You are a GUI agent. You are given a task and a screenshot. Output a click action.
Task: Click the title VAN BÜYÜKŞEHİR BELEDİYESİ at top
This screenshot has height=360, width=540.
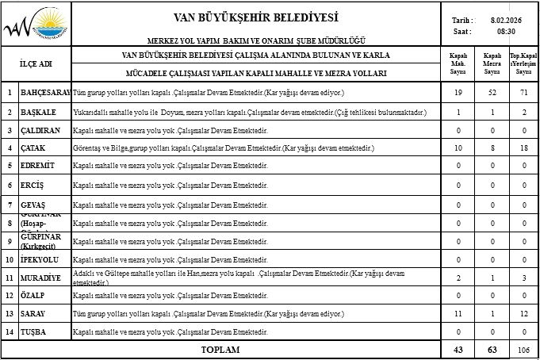click(255, 17)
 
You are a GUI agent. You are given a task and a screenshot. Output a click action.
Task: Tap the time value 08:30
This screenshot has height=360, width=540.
click(505, 32)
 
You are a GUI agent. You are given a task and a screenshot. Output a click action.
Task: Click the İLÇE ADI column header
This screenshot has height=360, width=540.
click(36, 63)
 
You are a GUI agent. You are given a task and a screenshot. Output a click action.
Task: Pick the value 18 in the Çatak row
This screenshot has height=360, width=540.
click(523, 148)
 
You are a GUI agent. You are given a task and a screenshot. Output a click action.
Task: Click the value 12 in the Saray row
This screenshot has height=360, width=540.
click(523, 314)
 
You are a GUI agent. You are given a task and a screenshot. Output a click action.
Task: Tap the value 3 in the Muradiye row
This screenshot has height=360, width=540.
click(523, 278)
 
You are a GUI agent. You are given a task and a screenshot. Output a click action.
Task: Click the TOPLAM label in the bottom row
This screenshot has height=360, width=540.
click(220, 349)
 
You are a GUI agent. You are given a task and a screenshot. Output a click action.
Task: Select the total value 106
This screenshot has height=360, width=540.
click(523, 349)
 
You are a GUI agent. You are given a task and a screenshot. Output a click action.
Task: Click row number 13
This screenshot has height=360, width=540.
click(10, 314)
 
